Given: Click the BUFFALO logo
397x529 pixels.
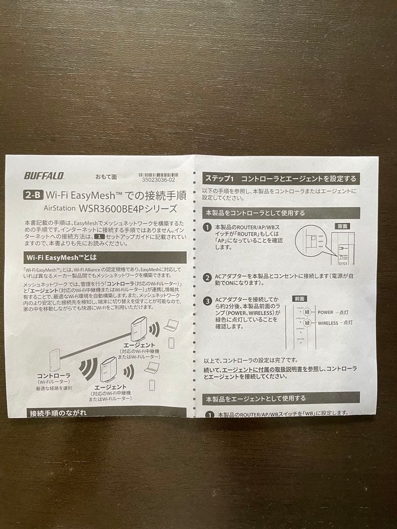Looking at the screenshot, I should (44, 176).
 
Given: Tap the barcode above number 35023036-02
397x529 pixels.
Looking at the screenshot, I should (158, 174).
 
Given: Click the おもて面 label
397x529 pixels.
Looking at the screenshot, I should (106, 176).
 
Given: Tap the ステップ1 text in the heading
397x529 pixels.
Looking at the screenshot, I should (220, 179).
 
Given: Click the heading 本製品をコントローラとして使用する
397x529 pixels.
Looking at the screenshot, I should (255, 213).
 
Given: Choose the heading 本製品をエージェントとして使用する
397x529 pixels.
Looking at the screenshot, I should (255, 398).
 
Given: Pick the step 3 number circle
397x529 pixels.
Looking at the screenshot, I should (208, 301).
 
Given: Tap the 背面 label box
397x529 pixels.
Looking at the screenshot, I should (343, 226).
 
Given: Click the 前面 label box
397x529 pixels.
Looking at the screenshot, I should (299, 298).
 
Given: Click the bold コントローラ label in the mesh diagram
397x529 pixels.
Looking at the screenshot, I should (53, 376).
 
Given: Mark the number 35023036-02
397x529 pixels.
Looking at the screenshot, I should (158, 180).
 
